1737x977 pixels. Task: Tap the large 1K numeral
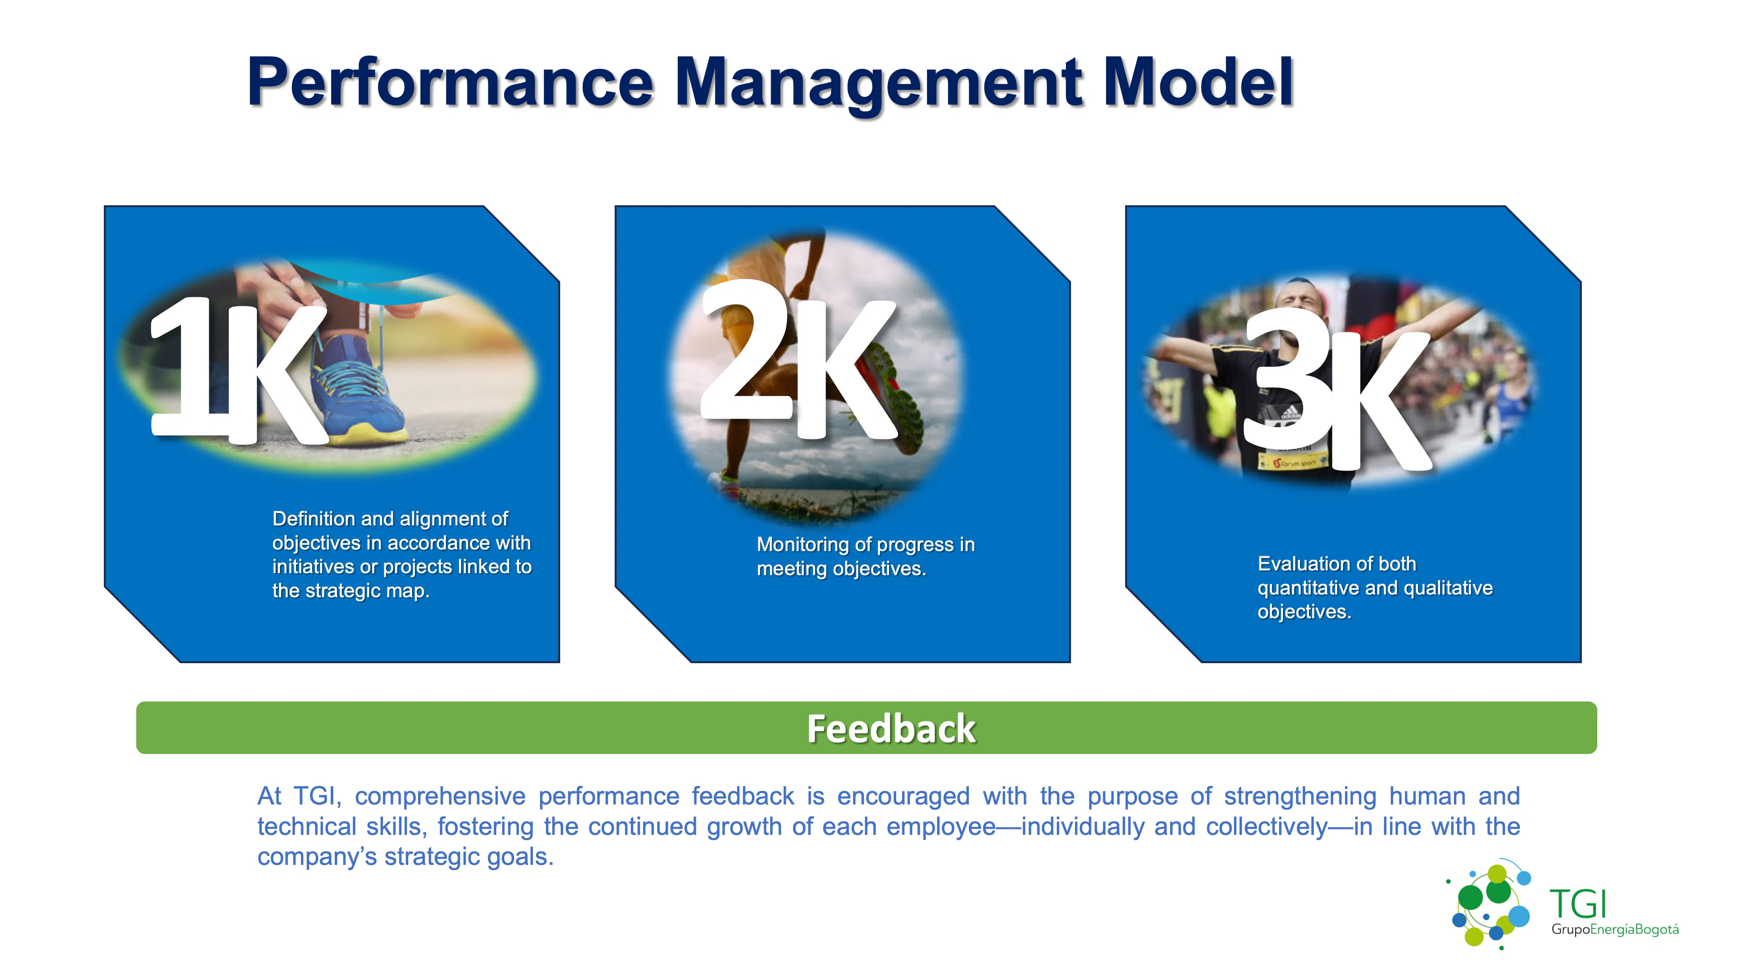tap(236, 371)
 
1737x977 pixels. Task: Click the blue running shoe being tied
tap(357, 391)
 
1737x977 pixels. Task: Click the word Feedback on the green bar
tap(891, 729)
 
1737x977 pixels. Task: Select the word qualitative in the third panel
tap(1452, 588)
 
